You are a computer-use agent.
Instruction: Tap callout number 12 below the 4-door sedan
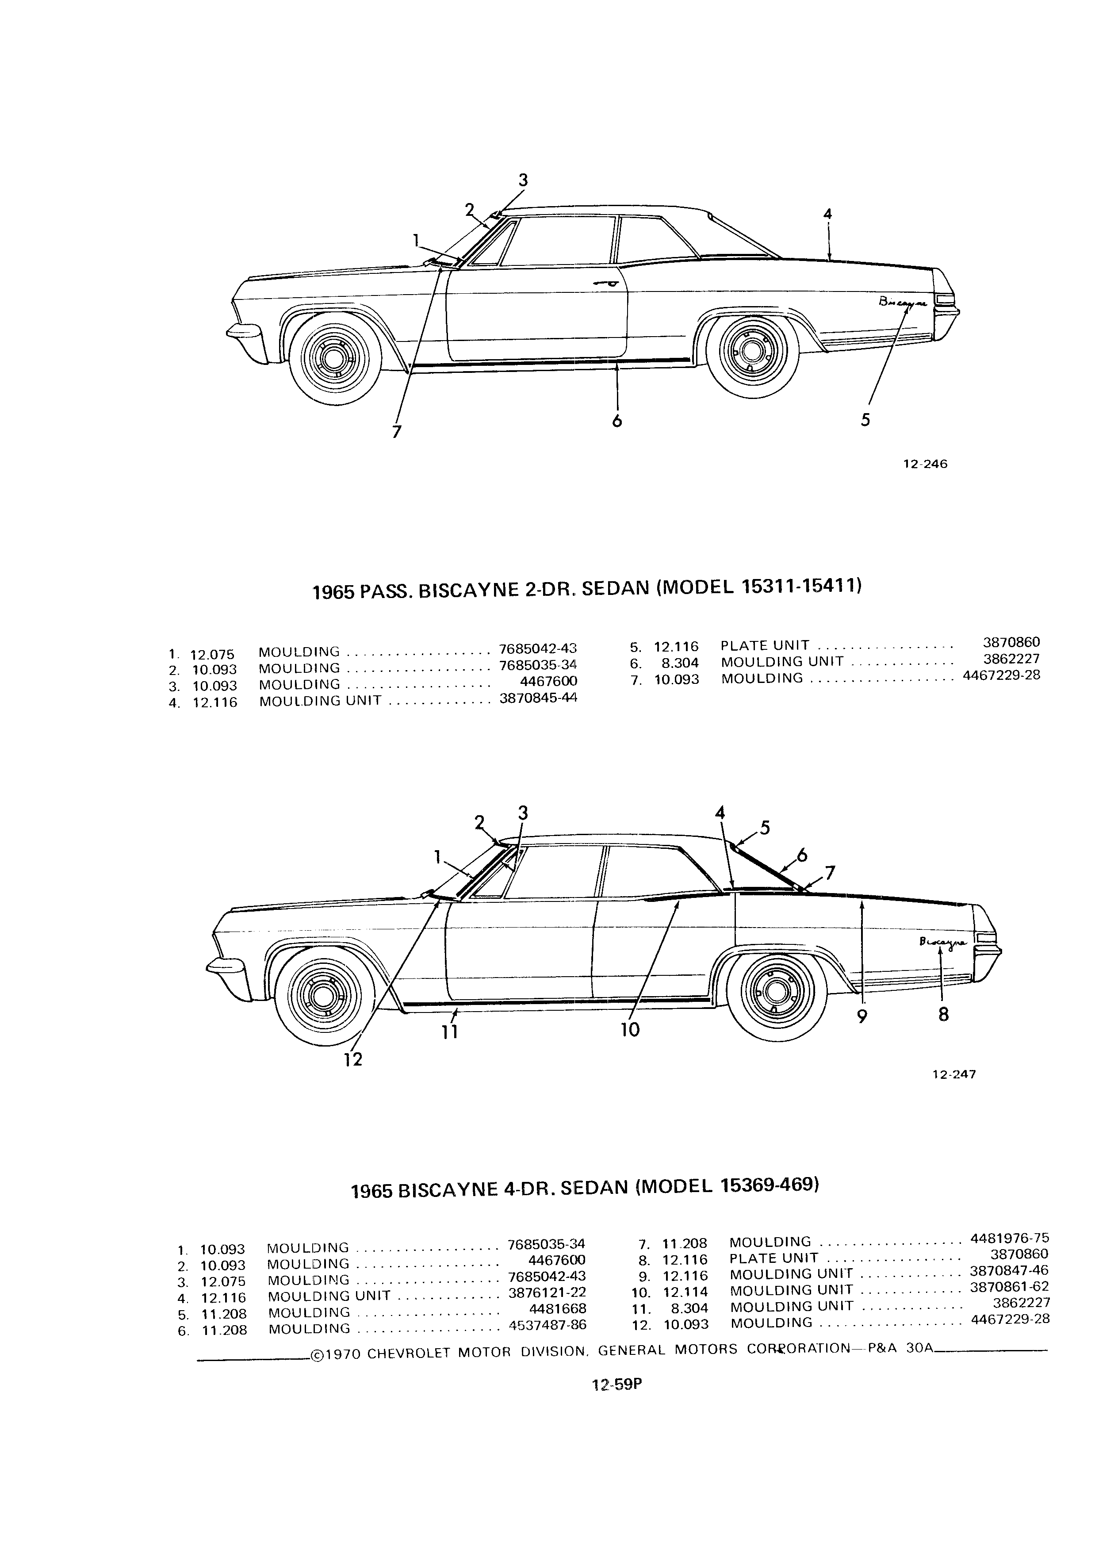tap(353, 1060)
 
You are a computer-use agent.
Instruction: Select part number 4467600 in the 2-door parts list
tap(549, 681)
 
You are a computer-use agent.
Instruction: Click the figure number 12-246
tap(924, 464)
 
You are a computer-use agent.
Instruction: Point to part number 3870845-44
tap(538, 698)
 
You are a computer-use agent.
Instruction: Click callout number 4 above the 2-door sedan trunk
tap(828, 214)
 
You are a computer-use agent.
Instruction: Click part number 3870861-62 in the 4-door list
tap(1009, 1287)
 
